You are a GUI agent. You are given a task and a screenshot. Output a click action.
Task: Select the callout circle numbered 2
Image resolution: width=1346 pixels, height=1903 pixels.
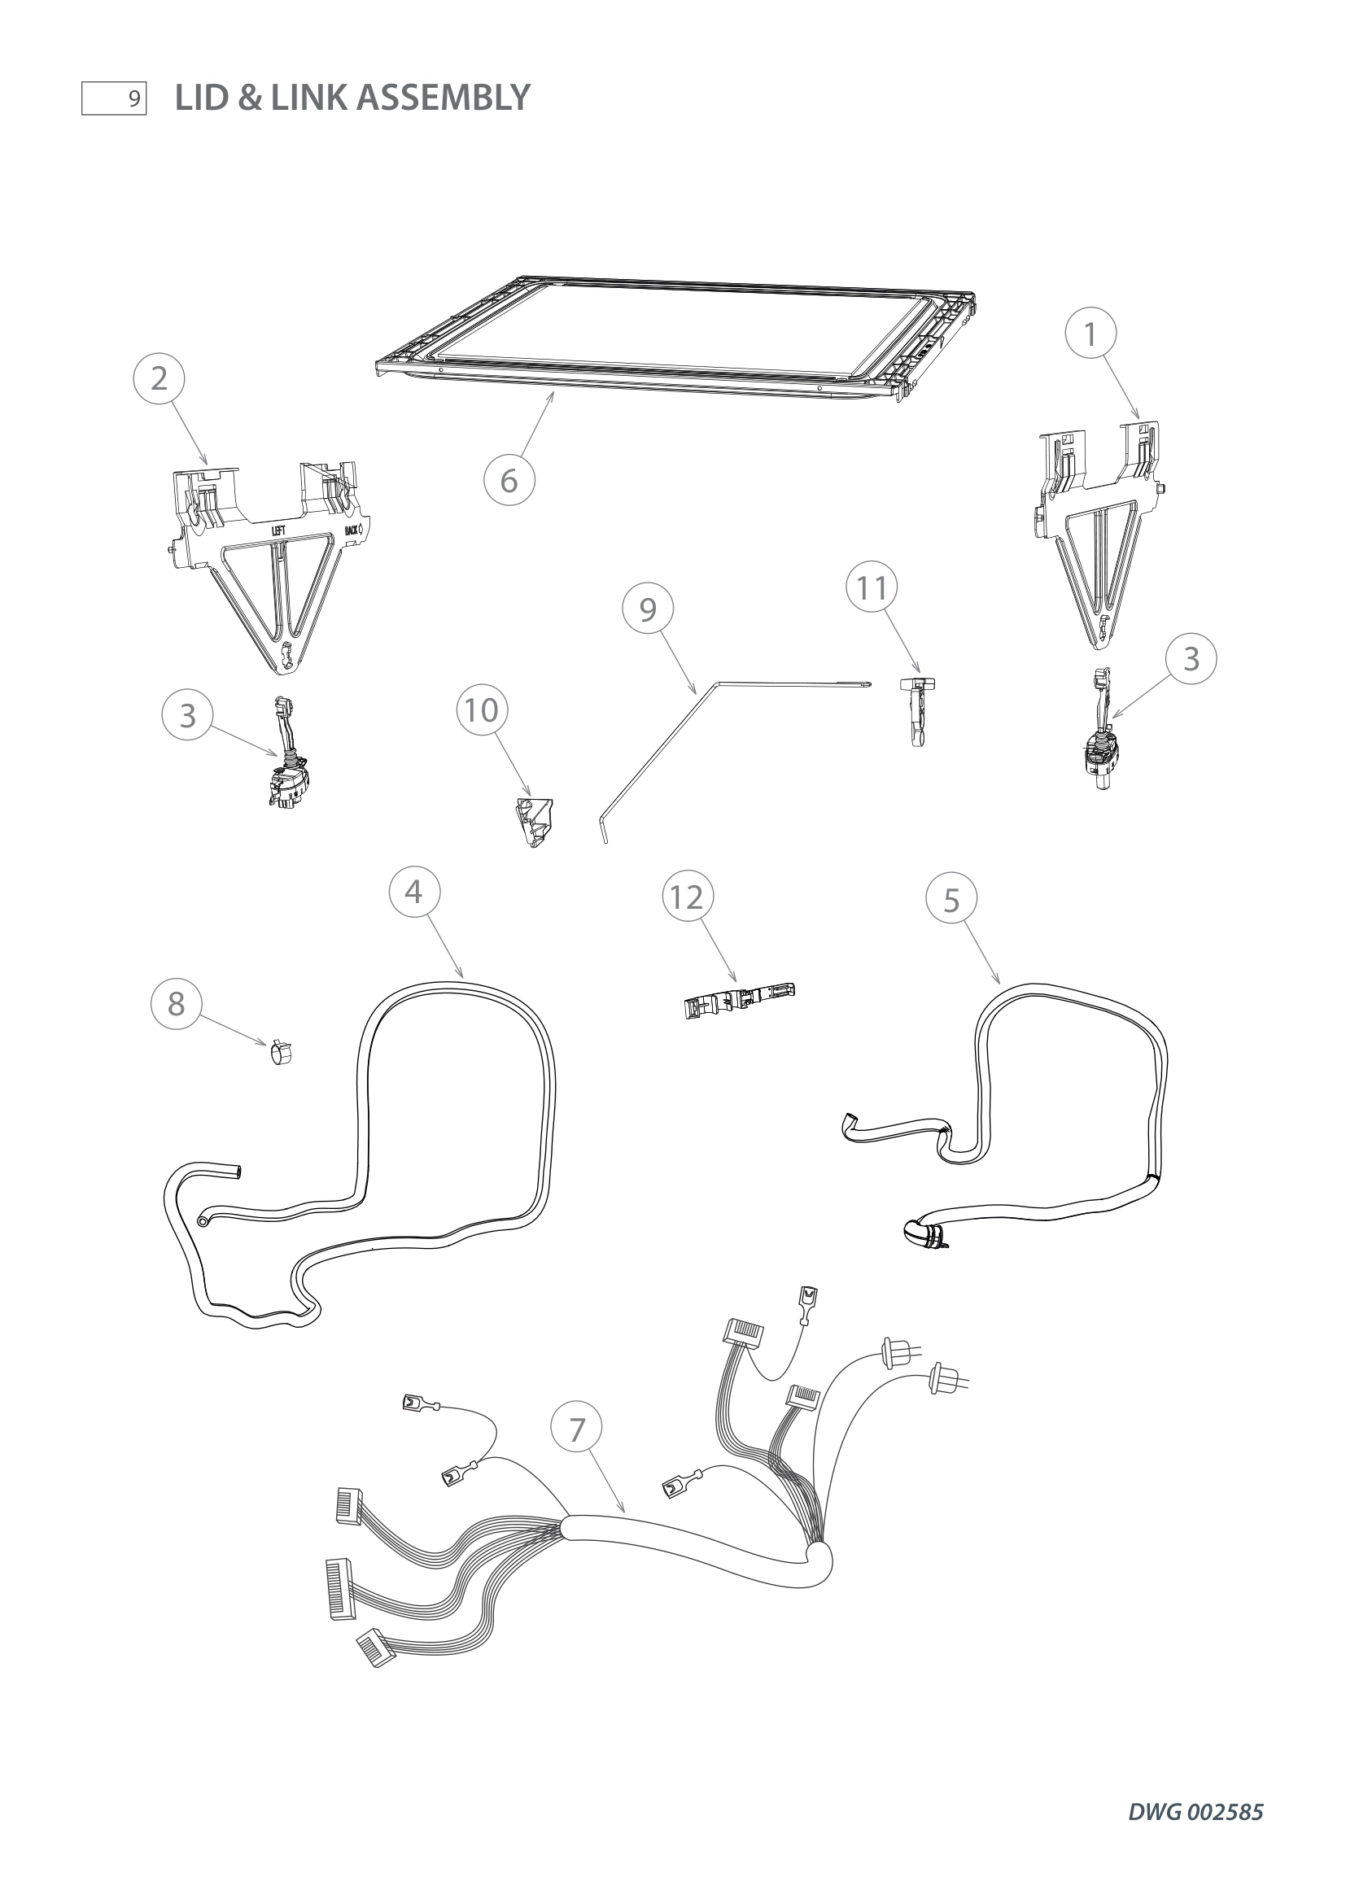[160, 379]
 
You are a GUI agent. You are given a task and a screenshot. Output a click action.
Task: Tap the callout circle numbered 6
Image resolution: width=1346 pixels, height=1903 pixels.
[509, 481]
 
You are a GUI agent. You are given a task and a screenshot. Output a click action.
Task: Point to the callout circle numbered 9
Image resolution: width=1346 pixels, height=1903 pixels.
[647, 610]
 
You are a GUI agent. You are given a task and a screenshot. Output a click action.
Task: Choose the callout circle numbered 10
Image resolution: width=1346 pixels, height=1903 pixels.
[482, 710]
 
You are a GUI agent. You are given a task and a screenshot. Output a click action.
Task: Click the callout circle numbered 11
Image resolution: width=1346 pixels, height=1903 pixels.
[871, 588]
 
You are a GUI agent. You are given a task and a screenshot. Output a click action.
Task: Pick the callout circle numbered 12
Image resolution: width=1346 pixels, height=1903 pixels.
[687, 897]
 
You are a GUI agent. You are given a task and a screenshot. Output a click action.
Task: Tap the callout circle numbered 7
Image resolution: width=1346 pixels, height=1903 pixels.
[577, 1429]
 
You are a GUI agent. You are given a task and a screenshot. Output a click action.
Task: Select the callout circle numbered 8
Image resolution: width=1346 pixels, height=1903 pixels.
[176, 1004]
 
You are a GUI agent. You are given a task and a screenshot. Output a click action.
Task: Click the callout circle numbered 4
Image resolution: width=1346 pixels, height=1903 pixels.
[413, 892]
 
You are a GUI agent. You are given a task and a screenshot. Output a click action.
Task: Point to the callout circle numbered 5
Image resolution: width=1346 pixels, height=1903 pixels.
[951, 900]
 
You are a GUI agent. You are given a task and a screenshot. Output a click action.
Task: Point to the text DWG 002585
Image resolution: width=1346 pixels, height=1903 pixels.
[1195, 1812]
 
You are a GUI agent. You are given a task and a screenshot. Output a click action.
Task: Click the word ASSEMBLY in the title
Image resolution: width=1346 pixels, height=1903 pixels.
[443, 98]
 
